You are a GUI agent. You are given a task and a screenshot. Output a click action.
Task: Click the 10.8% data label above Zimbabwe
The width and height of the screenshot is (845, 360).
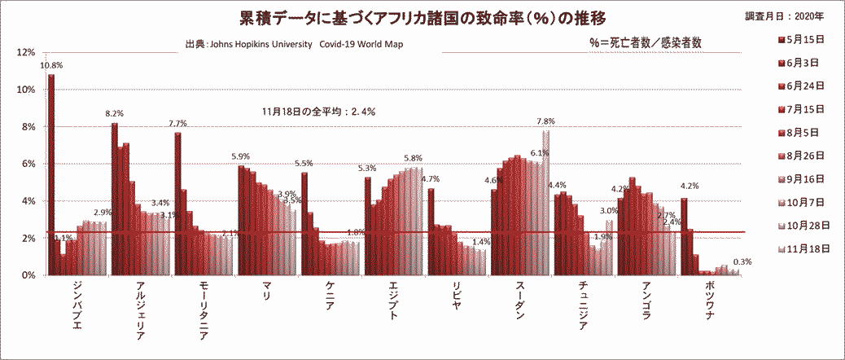pyautogui.click(x=51, y=65)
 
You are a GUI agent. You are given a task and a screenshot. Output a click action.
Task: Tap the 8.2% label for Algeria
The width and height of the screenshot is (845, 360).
pyautogui.click(x=114, y=114)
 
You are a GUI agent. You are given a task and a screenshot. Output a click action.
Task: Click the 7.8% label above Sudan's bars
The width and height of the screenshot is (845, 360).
pyautogui.click(x=545, y=121)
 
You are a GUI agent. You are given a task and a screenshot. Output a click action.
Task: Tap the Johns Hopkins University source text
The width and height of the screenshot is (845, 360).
pyautogui.click(x=294, y=45)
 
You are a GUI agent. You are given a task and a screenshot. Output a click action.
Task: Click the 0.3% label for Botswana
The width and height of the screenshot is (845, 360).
pyautogui.click(x=742, y=262)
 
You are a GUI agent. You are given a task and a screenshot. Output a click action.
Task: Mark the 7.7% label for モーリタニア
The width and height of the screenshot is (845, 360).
pyautogui.click(x=177, y=124)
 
